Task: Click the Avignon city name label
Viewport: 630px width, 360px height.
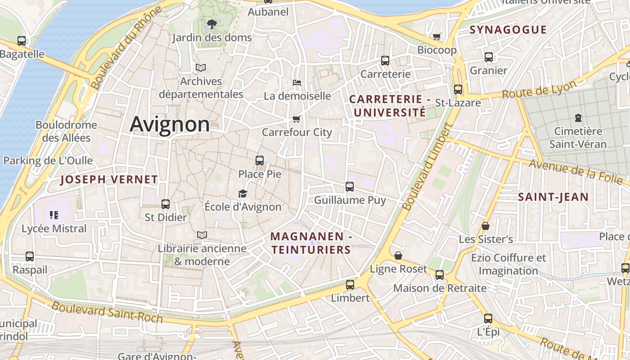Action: (x=170, y=124)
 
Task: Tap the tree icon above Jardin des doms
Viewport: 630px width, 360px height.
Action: (x=211, y=24)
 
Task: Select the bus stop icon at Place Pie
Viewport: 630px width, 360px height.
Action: (x=260, y=160)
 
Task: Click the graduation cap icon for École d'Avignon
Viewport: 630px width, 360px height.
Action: (x=243, y=193)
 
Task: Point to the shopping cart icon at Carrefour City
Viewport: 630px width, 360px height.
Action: (x=296, y=119)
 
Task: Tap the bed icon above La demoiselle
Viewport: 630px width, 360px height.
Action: (x=297, y=83)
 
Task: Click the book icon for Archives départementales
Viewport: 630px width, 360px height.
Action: (x=201, y=67)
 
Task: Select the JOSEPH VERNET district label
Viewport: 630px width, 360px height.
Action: (x=109, y=180)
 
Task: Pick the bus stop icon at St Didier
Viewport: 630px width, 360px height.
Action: (x=166, y=204)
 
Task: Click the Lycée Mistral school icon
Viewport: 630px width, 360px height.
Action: (x=54, y=215)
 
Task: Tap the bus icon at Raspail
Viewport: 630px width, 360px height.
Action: (x=30, y=256)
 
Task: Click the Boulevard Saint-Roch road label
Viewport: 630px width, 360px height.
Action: (x=107, y=312)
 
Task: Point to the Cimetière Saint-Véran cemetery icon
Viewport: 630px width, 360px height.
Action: (x=578, y=118)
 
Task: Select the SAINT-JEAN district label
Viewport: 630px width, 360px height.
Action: (x=553, y=197)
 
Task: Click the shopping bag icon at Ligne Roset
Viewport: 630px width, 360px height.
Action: (x=398, y=256)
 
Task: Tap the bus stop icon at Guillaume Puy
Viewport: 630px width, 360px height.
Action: (x=350, y=186)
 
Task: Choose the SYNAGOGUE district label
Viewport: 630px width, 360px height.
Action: (x=508, y=30)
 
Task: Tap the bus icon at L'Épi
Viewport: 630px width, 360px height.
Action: (x=488, y=319)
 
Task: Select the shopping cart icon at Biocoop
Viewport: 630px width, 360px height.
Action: (x=436, y=36)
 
